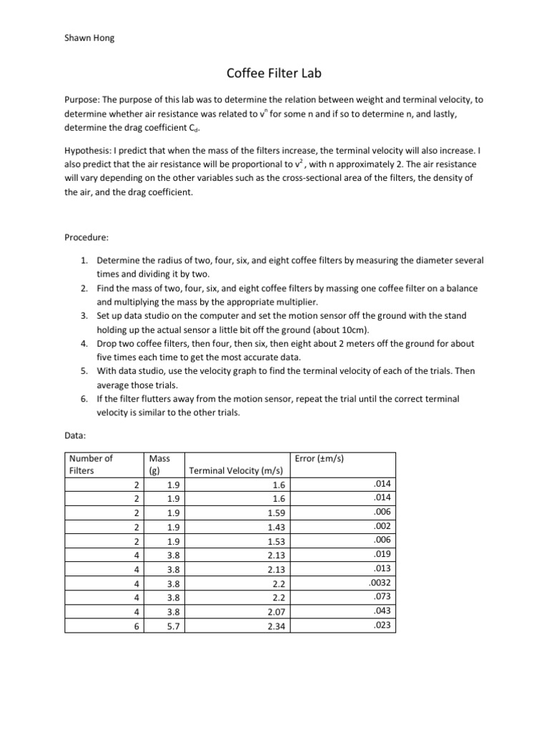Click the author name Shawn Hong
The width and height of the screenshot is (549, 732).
[x=89, y=38]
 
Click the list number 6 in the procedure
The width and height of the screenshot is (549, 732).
[x=84, y=398]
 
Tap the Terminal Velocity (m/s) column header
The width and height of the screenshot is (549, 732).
[x=235, y=471]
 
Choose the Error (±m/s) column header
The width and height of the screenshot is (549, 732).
[x=319, y=458]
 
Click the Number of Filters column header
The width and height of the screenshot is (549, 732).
[x=90, y=465]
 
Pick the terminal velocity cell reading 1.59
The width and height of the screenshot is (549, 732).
[x=274, y=513]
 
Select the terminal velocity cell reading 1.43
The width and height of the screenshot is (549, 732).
[x=274, y=526]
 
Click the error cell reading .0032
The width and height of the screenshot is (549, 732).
[x=380, y=582]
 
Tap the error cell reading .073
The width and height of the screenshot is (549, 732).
[x=383, y=596]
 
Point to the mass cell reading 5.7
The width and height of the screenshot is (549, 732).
[x=163, y=625]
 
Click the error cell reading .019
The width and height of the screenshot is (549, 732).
[x=383, y=554]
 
